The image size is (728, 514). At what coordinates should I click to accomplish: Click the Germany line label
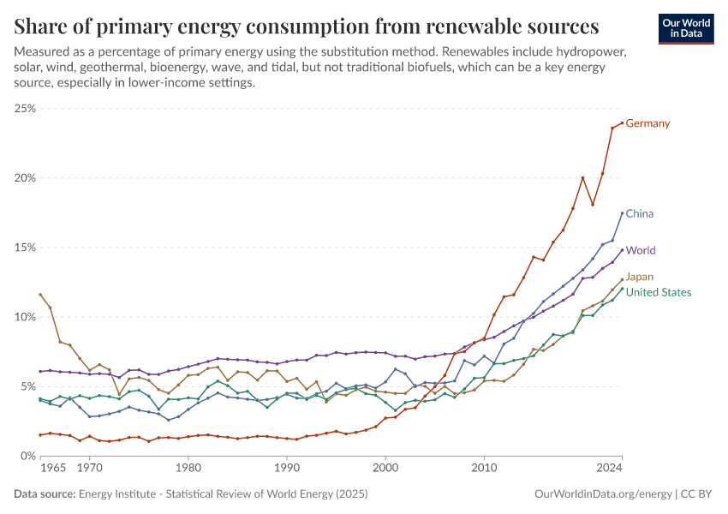pos(647,123)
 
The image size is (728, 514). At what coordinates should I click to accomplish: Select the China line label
pos(640,213)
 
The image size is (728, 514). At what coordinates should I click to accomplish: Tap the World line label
pos(641,251)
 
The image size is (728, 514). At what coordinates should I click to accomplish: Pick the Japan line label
pos(641,277)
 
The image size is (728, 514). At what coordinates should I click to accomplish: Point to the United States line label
pos(659,292)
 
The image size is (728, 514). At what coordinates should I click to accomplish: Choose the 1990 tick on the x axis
pos(287,469)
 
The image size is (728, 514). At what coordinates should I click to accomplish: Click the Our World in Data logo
pos(687,27)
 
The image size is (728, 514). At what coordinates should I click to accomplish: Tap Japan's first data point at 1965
pos(40,295)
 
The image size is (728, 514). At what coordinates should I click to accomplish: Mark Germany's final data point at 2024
pos(622,123)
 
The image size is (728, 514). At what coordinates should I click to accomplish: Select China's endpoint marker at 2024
pos(622,213)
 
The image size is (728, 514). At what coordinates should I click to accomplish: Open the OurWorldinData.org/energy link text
pos(602,494)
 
